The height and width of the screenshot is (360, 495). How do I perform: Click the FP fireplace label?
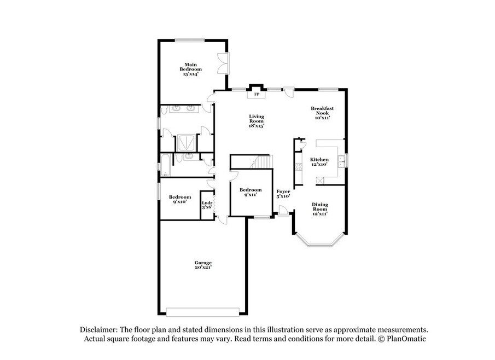(257, 94)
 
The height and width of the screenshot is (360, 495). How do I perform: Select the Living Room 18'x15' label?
(257, 121)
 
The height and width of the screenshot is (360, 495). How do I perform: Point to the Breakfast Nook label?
(322, 111)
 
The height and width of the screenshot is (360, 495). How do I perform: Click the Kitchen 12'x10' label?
(319, 162)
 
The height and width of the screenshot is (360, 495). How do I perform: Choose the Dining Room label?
(320, 206)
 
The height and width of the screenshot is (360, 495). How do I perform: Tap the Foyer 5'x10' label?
(283, 194)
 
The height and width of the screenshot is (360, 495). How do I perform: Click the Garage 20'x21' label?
(203, 265)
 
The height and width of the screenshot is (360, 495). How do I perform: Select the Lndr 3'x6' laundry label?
(207, 205)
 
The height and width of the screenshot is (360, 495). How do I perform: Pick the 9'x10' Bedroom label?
(179, 199)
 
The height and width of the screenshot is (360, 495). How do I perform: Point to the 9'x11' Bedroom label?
(251, 192)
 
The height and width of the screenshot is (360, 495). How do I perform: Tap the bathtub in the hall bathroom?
(165, 165)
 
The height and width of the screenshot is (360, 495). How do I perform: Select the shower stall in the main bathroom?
(187, 143)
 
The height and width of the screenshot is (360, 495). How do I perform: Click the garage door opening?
(203, 312)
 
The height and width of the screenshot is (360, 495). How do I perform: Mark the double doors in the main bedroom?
(224, 63)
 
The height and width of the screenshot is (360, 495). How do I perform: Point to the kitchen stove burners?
(298, 166)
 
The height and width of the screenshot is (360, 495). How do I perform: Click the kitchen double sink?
(341, 161)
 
